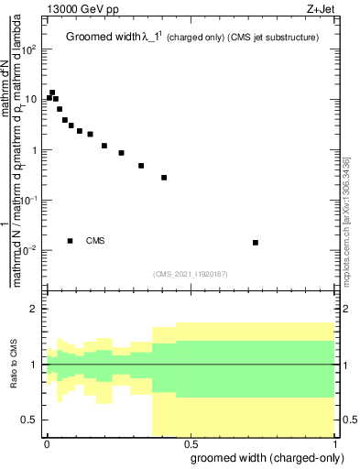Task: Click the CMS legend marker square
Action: (71, 241)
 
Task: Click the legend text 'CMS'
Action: (96, 241)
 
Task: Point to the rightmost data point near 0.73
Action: (256, 243)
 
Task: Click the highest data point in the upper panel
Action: (52, 93)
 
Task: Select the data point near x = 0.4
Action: (164, 178)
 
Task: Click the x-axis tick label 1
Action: (334, 442)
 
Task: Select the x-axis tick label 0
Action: (47, 442)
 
